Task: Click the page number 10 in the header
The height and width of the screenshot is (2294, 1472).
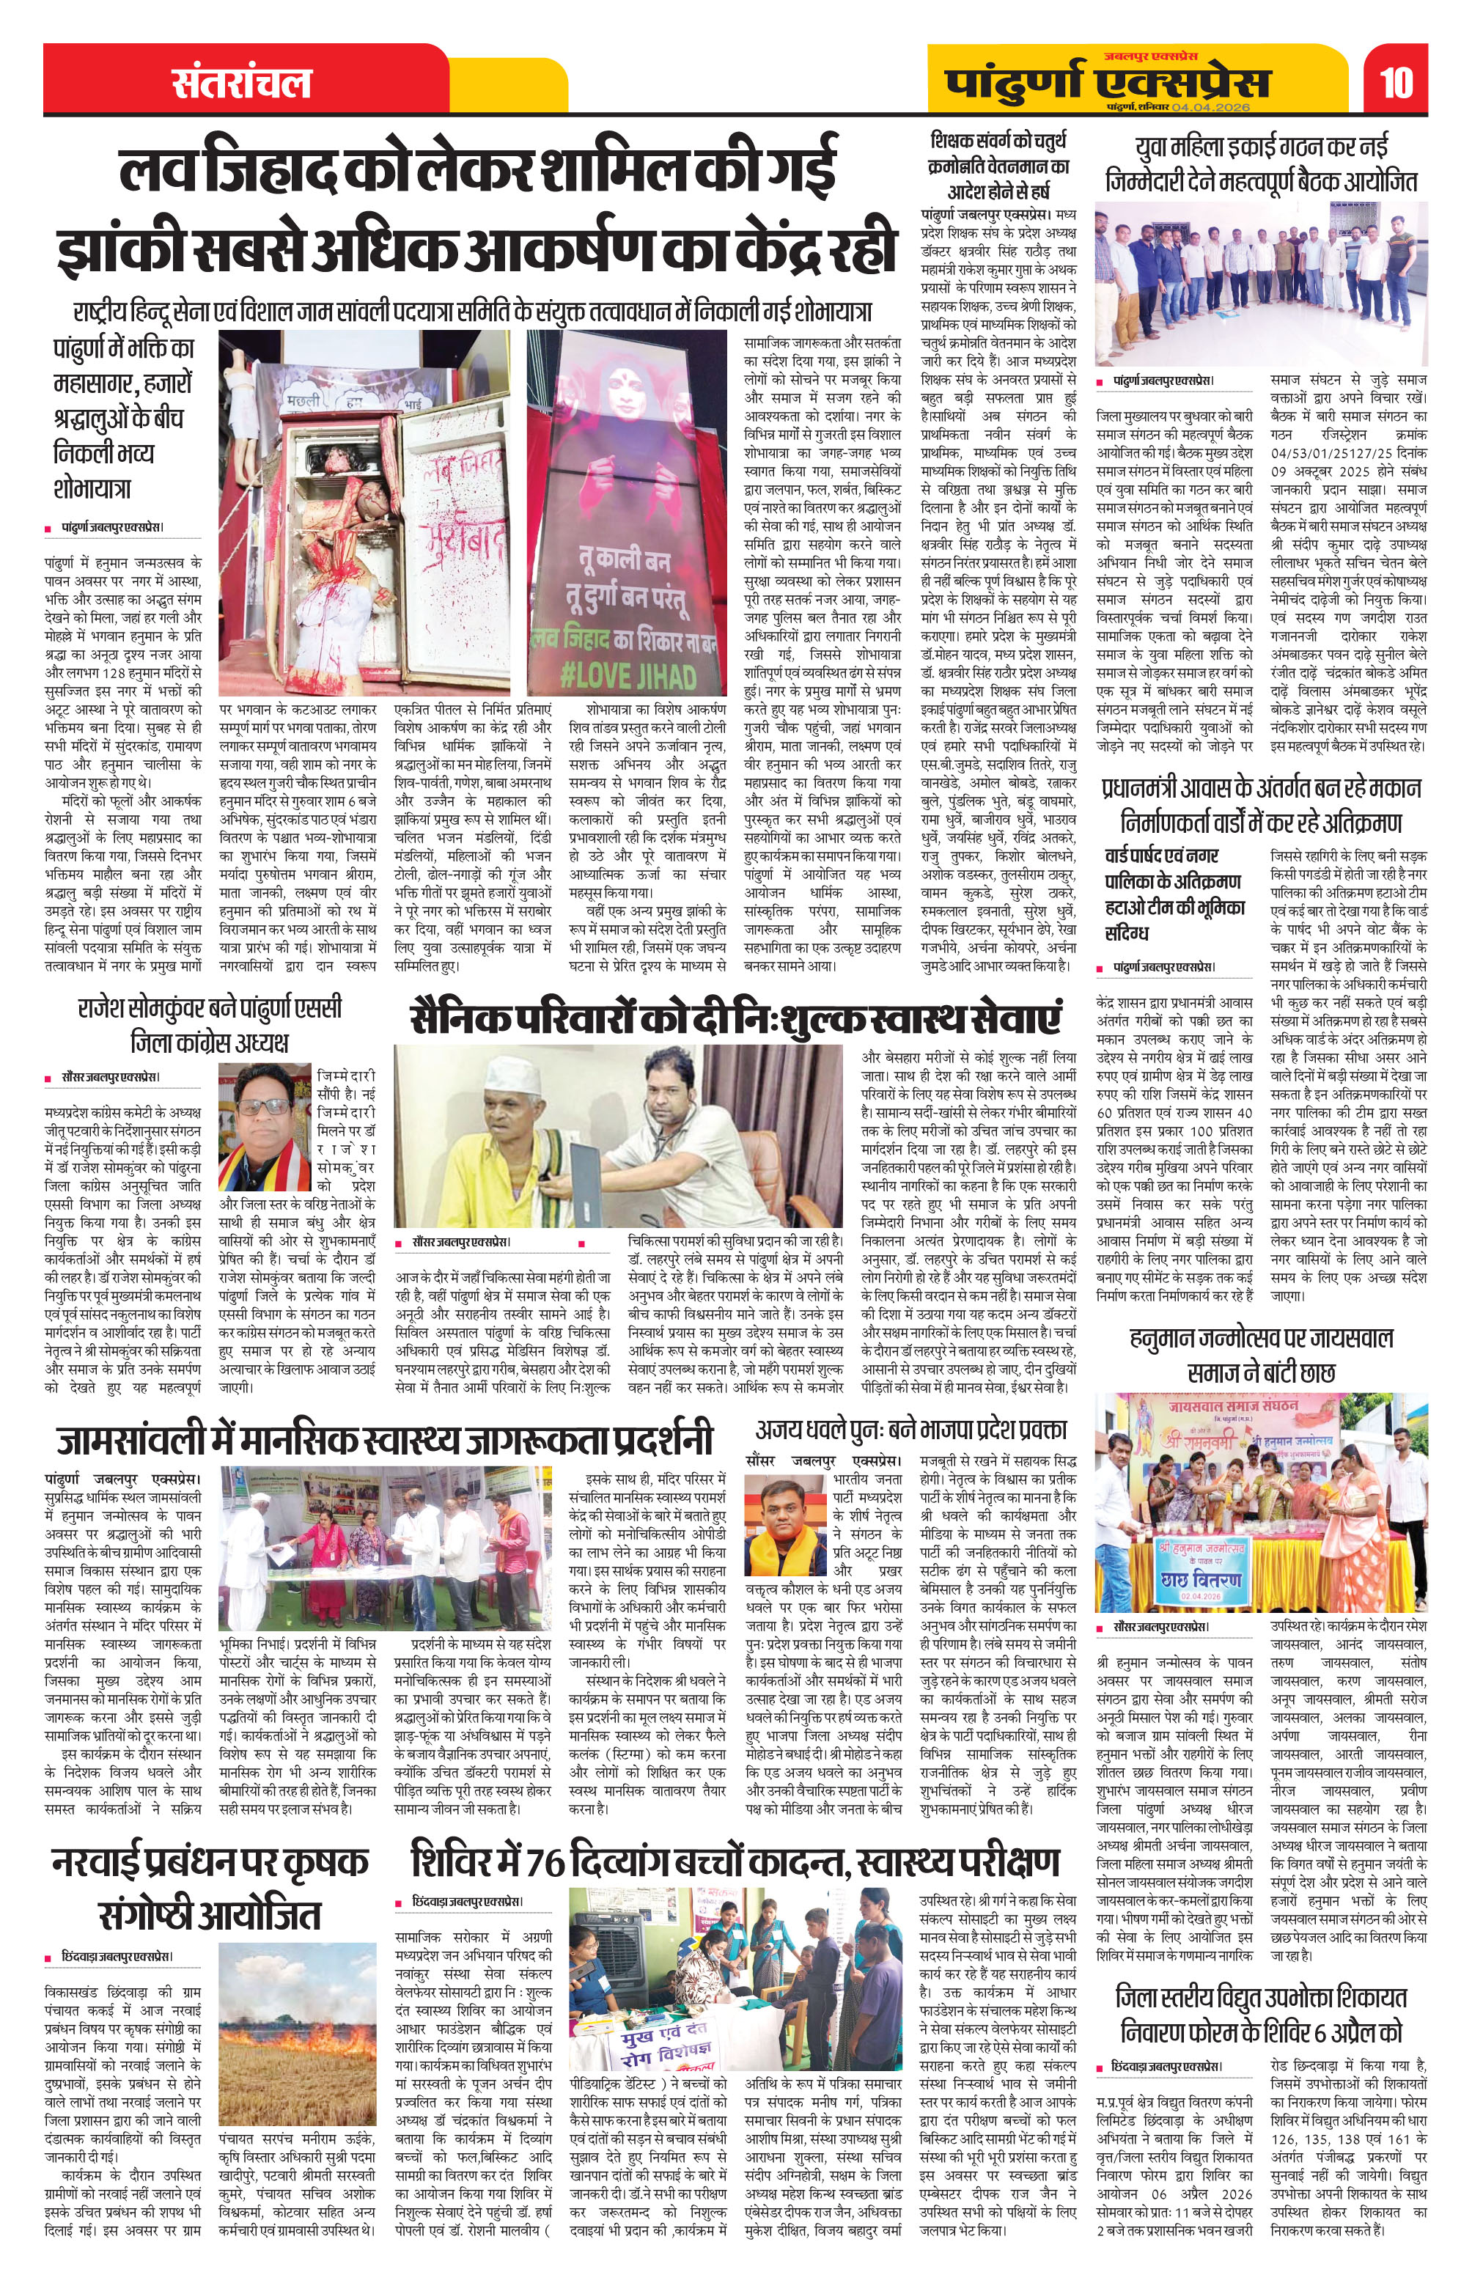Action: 1396,82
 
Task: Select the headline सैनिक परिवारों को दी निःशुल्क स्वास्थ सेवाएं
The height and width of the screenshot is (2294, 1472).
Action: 736,1018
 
